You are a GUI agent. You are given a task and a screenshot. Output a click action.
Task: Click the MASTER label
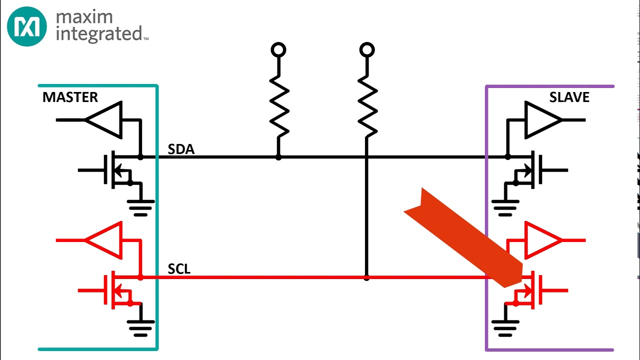pos(70,97)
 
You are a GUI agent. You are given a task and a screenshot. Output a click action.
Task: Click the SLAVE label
pos(569,97)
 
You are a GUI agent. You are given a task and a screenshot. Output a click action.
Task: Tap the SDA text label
pos(181,149)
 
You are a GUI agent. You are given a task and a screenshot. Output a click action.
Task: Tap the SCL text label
pos(179,269)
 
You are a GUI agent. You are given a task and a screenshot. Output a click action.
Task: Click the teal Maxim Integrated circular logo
pos(27,26)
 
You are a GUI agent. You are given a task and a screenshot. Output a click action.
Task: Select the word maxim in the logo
pos(84,17)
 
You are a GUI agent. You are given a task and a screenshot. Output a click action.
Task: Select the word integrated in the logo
pos(99,34)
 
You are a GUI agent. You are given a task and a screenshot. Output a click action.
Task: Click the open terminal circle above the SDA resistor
pos(278,50)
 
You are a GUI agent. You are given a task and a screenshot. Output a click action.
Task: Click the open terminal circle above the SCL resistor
pos(367,50)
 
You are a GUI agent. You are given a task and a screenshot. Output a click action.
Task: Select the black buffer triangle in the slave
pos(542,120)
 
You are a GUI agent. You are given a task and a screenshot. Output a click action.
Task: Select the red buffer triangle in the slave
pos(542,240)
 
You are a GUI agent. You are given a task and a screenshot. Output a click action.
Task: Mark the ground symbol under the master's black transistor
pos(141,207)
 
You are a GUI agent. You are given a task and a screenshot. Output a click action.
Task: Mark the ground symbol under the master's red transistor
pos(141,327)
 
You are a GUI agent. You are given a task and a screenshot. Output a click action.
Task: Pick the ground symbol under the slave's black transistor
pos(505,207)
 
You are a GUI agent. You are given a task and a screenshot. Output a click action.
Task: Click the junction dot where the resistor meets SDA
pos(278,157)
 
